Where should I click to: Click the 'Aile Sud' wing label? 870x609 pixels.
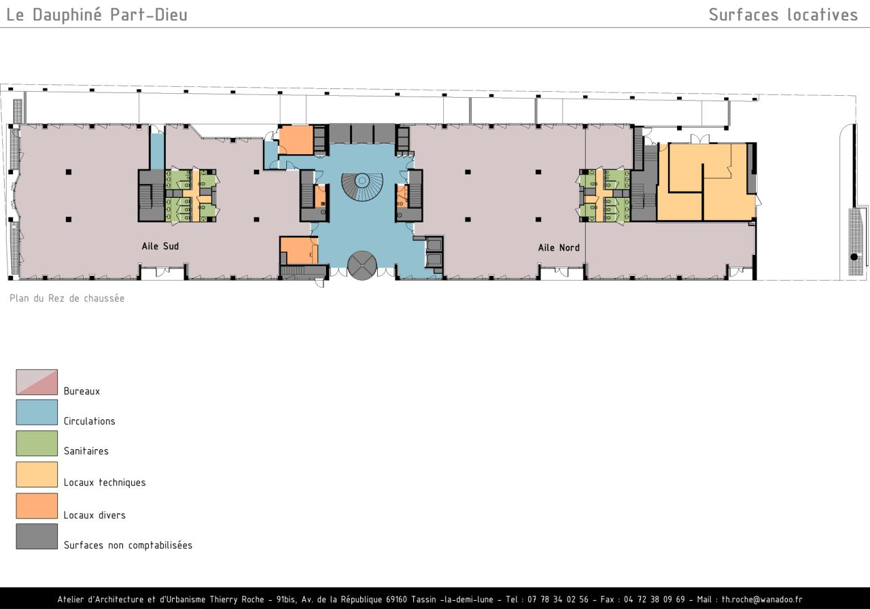(x=160, y=246)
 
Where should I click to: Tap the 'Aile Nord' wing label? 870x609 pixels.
(x=559, y=248)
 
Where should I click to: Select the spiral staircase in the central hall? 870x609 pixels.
(x=362, y=187)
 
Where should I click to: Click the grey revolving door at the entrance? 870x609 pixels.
(x=362, y=265)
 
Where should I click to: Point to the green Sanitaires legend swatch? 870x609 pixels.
(x=37, y=443)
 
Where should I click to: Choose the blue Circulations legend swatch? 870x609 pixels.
(x=37, y=412)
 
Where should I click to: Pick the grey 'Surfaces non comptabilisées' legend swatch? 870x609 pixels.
(x=37, y=536)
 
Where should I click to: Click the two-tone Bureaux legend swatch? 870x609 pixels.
(x=37, y=382)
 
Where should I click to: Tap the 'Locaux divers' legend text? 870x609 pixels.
(x=94, y=515)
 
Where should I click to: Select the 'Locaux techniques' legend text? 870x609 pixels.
(x=105, y=483)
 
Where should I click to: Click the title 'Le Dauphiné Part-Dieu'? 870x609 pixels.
(x=97, y=15)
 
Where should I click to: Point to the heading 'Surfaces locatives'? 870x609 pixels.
(x=783, y=15)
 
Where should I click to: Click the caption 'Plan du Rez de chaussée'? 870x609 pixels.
(x=67, y=298)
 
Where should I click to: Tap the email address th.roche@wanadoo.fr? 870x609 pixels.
(x=762, y=599)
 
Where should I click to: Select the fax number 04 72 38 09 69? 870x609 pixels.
(x=655, y=599)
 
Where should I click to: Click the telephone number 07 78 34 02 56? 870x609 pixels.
(x=558, y=599)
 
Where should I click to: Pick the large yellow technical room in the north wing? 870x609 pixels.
(x=706, y=181)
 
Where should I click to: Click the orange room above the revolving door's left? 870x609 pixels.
(x=298, y=251)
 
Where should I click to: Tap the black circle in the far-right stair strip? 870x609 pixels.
(x=854, y=257)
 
